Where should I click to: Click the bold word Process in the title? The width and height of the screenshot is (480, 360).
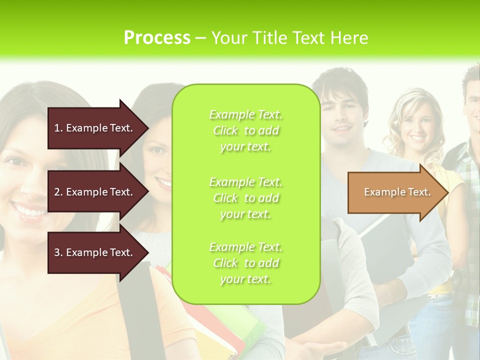(x=157, y=38)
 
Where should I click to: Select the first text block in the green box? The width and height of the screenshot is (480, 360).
(x=245, y=130)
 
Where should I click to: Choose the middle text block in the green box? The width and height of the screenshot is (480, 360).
(x=245, y=198)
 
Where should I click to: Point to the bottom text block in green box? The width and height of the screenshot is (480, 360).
(x=245, y=263)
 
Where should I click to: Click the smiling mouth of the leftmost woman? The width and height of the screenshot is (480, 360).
(x=29, y=210)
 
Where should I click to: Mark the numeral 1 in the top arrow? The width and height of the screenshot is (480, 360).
(x=57, y=128)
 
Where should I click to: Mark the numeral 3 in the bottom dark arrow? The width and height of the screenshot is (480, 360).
(x=57, y=252)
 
